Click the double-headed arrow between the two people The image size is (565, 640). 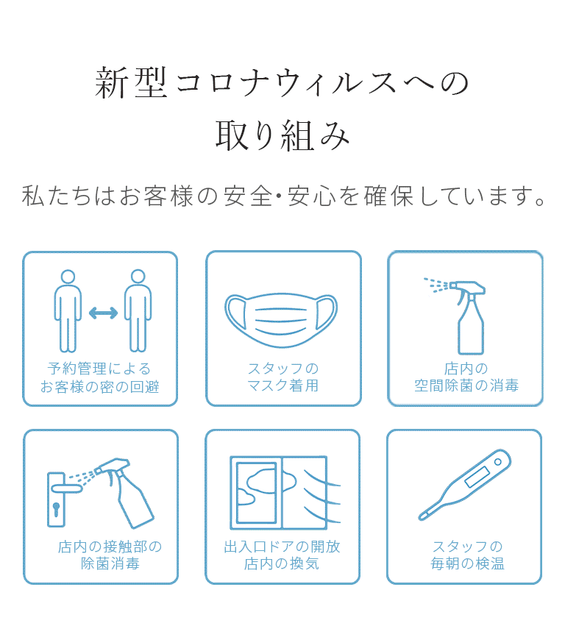click(103, 313)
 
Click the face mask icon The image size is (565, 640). click(281, 319)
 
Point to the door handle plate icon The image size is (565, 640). click(57, 499)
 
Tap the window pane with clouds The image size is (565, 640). click(257, 492)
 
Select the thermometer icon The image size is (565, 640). click(464, 485)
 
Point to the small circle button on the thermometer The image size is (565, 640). click(497, 462)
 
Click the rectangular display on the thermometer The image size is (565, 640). click(477, 477)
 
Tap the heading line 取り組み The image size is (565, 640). click(282, 135)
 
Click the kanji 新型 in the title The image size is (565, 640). click(131, 83)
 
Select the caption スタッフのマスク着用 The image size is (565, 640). click(283, 377)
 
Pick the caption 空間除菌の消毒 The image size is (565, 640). click(466, 385)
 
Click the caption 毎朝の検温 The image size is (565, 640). click(467, 563)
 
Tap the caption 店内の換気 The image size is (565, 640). click(282, 563)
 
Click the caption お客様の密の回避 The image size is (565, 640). click(99, 387)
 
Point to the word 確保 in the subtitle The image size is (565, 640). click(388, 196)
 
